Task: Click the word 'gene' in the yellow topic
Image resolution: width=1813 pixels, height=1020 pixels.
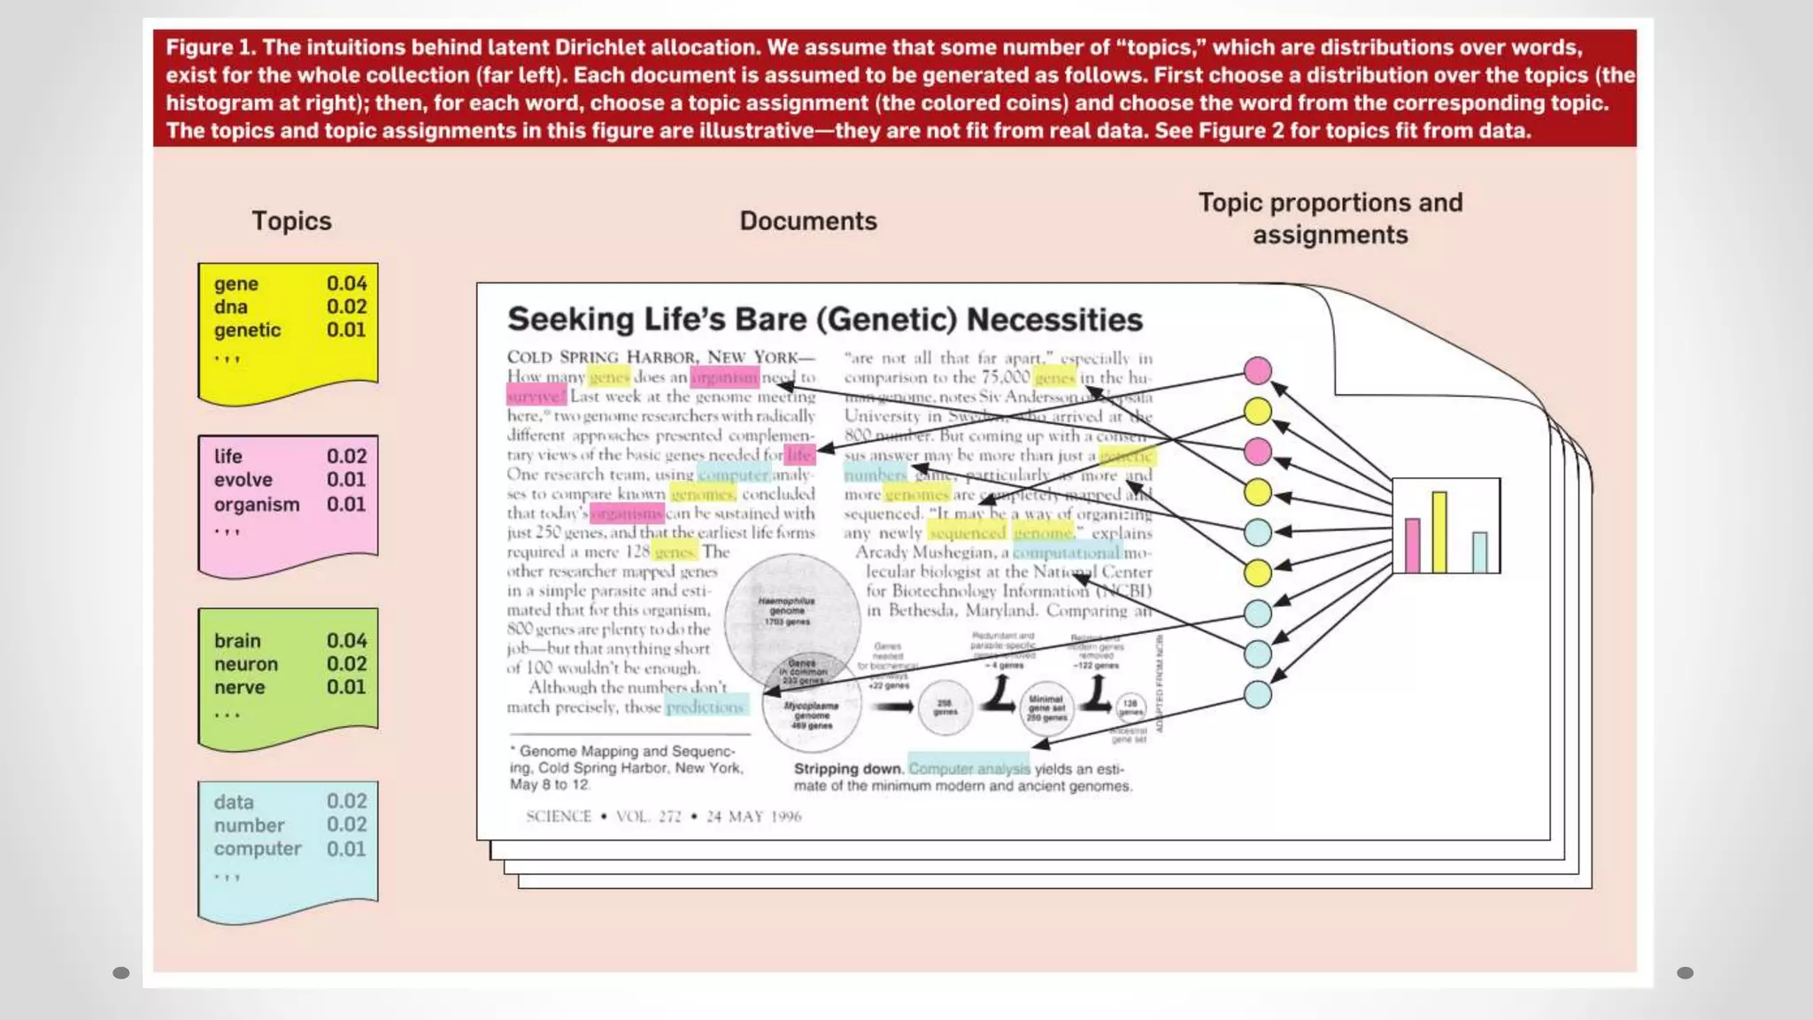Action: point(235,284)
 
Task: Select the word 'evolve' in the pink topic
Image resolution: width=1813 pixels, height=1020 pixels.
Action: point(243,480)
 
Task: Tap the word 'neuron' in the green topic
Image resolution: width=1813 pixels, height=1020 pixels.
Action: point(245,664)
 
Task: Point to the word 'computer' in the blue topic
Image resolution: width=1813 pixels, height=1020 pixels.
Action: point(258,848)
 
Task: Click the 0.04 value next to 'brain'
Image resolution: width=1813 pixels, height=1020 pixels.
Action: point(346,640)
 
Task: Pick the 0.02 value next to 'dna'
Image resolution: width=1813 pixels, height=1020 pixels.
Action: point(346,306)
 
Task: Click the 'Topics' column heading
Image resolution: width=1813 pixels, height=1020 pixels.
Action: point(291,220)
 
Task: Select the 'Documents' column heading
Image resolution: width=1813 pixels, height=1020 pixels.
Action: point(808,220)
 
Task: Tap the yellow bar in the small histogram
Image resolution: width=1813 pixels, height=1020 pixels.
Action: point(1439,532)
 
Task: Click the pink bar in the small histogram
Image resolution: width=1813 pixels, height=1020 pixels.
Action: point(1412,545)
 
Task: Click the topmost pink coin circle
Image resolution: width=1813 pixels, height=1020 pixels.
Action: point(1257,371)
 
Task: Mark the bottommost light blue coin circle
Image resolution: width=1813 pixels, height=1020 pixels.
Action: point(1257,694)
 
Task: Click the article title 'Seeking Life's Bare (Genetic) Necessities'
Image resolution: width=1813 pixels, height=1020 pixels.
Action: point(824,320)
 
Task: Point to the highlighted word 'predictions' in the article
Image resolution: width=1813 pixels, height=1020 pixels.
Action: point(706,707)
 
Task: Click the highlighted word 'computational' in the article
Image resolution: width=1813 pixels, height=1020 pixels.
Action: point(1067,552)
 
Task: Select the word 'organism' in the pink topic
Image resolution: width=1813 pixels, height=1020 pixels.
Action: point(257,505)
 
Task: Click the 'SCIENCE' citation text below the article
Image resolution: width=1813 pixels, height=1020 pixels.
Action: point(558,816)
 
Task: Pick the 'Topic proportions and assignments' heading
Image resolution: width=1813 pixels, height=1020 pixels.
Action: point(1330,219)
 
